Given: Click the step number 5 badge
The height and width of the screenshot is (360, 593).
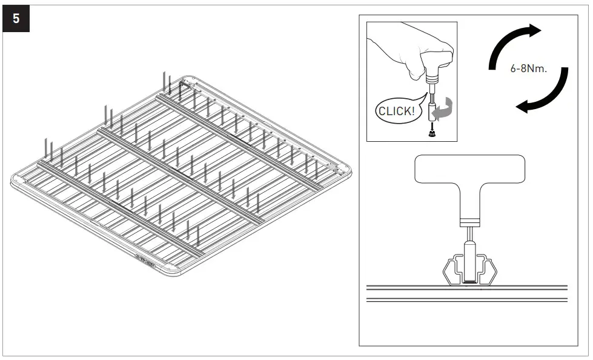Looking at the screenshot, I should click(16, 18).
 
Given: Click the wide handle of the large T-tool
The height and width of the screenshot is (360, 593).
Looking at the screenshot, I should click(469, 169).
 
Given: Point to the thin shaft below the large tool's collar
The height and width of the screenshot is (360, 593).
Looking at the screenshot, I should click(469, 233).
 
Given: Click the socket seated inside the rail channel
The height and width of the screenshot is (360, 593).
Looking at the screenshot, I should click(470, 261).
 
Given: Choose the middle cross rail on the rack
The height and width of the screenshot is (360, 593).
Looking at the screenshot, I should click(182, 176).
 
